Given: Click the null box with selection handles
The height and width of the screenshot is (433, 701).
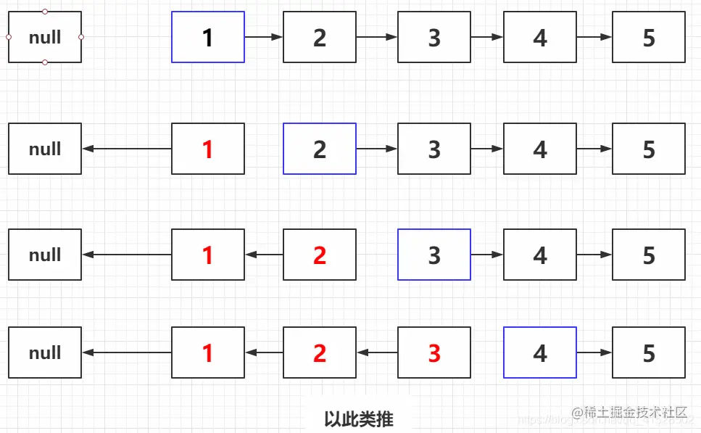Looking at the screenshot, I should (44, 37).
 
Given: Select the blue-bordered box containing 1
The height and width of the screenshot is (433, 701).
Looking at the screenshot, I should (208, 37).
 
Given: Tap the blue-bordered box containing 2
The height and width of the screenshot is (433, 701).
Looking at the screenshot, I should (320, 149).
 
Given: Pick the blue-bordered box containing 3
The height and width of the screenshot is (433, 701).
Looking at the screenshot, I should (434, 255).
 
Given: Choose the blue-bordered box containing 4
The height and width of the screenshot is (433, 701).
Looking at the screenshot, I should (540, 352).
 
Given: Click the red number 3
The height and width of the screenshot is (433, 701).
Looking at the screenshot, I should (434, 353).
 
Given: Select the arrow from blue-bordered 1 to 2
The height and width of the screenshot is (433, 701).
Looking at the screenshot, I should (264, 37).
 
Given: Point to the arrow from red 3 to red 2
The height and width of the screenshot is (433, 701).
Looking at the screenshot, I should (377, 353).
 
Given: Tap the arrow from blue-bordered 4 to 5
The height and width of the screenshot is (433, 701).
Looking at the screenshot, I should (594, 353).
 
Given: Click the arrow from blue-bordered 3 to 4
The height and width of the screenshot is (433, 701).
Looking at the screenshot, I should (487, 255).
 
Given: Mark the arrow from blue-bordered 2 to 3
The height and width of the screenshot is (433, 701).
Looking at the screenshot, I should (377, 149).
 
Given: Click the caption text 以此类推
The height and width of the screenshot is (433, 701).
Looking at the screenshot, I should (359, 419).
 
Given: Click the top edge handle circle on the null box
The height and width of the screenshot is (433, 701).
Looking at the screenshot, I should (45, 12).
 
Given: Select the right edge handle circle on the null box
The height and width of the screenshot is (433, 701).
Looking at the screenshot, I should (81, 37).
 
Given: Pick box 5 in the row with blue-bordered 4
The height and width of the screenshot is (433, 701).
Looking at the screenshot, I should (649, 352).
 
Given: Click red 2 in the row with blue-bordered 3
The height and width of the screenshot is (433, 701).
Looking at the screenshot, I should (320, 255).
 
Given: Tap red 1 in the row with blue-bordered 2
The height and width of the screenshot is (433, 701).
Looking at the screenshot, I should (208, 149).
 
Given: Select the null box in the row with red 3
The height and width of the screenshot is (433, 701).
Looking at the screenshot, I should (45, 352).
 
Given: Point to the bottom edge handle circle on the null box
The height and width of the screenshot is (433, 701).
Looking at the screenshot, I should (45, 62).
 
